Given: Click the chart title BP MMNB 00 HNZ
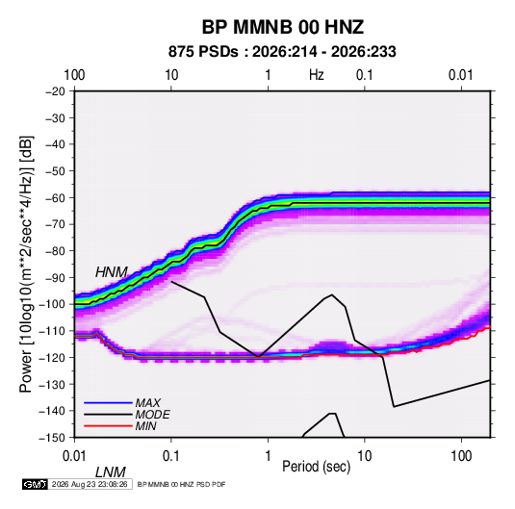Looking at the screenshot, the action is pyautogui.click(x=282, y=27).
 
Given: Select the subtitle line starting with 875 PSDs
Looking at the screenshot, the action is pyautogui.click(x=282, y=52).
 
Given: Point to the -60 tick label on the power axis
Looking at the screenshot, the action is pyautogui.click(x=55, y=197).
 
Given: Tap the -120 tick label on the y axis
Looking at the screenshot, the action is pyautogui.click(x=52, y=357).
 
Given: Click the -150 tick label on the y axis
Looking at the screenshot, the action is pyautogui.click(x=52, y=438).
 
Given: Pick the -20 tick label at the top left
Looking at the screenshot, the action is pyautogui.click(x=55, y=91).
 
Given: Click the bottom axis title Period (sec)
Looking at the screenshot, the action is pyautogui.click(x=317, y=467).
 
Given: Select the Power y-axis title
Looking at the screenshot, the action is pyautogui.click(x=26, y=265).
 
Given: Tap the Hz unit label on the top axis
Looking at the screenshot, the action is pyautogui.click(x=317, y=75).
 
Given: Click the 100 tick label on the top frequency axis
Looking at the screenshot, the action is pyautogui.click(x=74, y=75).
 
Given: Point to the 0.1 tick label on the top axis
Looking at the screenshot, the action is pyautogui.click(x=365, y=75).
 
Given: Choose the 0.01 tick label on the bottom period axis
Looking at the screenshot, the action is pyautogui.click(x=74, y=456).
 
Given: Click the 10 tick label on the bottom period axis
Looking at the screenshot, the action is pyautogui.click(x=365, y=456).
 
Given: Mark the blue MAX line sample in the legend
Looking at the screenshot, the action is pyautogui.click(x=108, y=402).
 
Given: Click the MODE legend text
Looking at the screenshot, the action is pyautogui.click(x=152, y=415).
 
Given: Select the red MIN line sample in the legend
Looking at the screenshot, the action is pyautogui.click(x=108, y=426).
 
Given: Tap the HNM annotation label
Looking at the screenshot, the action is pyautogui.click(x=111, y=272).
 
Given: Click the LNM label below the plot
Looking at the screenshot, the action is pyautogui.click(x=111, y=472).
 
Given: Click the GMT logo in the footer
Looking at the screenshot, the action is pyautogui.click(x=35, y=484).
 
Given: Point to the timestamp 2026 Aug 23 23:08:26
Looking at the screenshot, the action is pyautogui.click(x=90, y=484).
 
